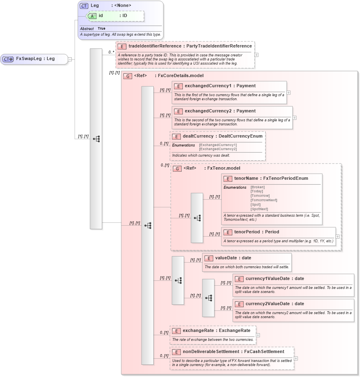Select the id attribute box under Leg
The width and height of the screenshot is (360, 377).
pyautogui.click(x=115, y=16)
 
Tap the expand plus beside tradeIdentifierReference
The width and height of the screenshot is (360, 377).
pyautogui.click(x=256, y=55)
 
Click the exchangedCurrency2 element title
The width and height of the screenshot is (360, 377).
pyautogui.click(x=220, y=111)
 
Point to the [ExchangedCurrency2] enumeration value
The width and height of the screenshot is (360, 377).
pyautogui.click(x=218, y=149)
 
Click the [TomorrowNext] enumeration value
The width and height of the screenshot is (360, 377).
pyautogui.click(x=264, y=200)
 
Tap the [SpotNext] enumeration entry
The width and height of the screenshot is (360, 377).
pyautogui.click(x=259, y=209)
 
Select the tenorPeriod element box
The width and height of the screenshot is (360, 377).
pyautogui.click(x=279, y=236)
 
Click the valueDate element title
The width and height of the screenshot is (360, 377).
pyautogui.click(x=233, y=258)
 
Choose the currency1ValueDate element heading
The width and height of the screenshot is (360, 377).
pyautogui.click(x=274, y=279)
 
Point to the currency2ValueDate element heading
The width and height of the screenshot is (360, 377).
pyautogui.click(x=274, y=304)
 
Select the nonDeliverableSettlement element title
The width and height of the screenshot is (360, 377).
pyautogui.click(x=233, y=352)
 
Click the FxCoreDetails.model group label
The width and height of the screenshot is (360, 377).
pyautogui.click(x=180, y=75)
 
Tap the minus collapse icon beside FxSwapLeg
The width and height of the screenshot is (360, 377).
pyautogui.click(x=70, y=59)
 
